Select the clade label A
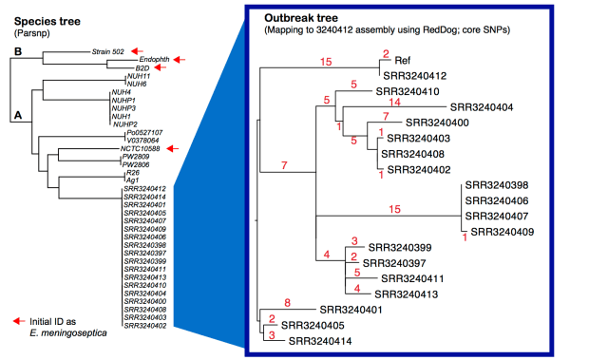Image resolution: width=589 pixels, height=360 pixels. [16, 117]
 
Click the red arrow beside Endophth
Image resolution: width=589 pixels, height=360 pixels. [159, 59]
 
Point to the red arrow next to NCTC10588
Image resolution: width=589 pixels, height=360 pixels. [173, 148]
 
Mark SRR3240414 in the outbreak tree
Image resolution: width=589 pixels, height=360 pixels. [320, 340]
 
